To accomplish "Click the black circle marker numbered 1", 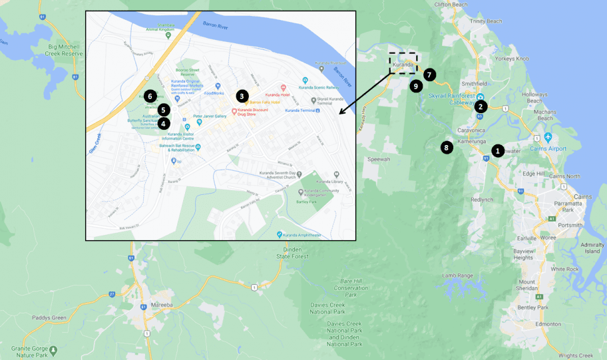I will pos(498,150).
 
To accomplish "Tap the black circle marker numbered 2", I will pos(481,105).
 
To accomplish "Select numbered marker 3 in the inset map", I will pos(242,96).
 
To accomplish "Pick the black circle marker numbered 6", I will pos(150,96).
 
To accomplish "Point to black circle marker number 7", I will pos(429,75).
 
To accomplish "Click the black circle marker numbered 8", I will pos(447,147).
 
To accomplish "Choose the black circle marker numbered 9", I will pos(416,86).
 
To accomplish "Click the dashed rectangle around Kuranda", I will pos(403,63).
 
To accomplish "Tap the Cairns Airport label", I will pos(549,149).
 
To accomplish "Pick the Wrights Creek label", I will pos(576,355).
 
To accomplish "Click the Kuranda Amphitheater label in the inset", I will pos(309,234).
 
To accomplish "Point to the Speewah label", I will pos(379,160).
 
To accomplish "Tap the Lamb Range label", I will pos(457,275).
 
